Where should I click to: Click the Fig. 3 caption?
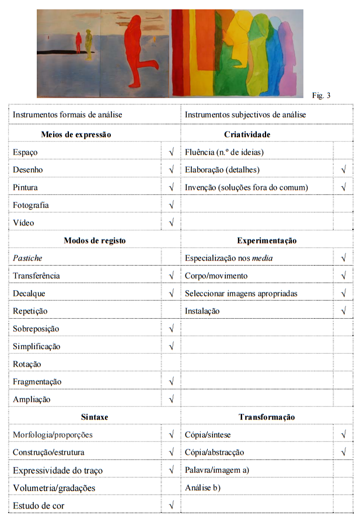[321, 95]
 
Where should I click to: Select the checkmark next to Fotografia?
[171, 205]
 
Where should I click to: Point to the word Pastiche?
[27, 257]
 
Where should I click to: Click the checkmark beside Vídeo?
[171, 222]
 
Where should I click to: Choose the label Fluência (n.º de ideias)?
[224, 152]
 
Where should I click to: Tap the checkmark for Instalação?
[343, 311]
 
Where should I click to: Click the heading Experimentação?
[267, 240]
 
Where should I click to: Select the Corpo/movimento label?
[216, 276]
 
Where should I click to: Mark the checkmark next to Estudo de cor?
[171, 505]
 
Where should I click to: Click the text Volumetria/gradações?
[54, 487]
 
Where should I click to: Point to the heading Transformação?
[267, 417]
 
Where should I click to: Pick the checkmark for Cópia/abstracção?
[343, 452]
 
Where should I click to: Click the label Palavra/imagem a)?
[217, 469]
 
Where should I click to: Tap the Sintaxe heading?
[95, 417]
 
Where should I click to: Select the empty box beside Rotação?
[171, 364]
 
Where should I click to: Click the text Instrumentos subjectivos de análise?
[245, 114]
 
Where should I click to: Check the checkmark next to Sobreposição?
[171, 329]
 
